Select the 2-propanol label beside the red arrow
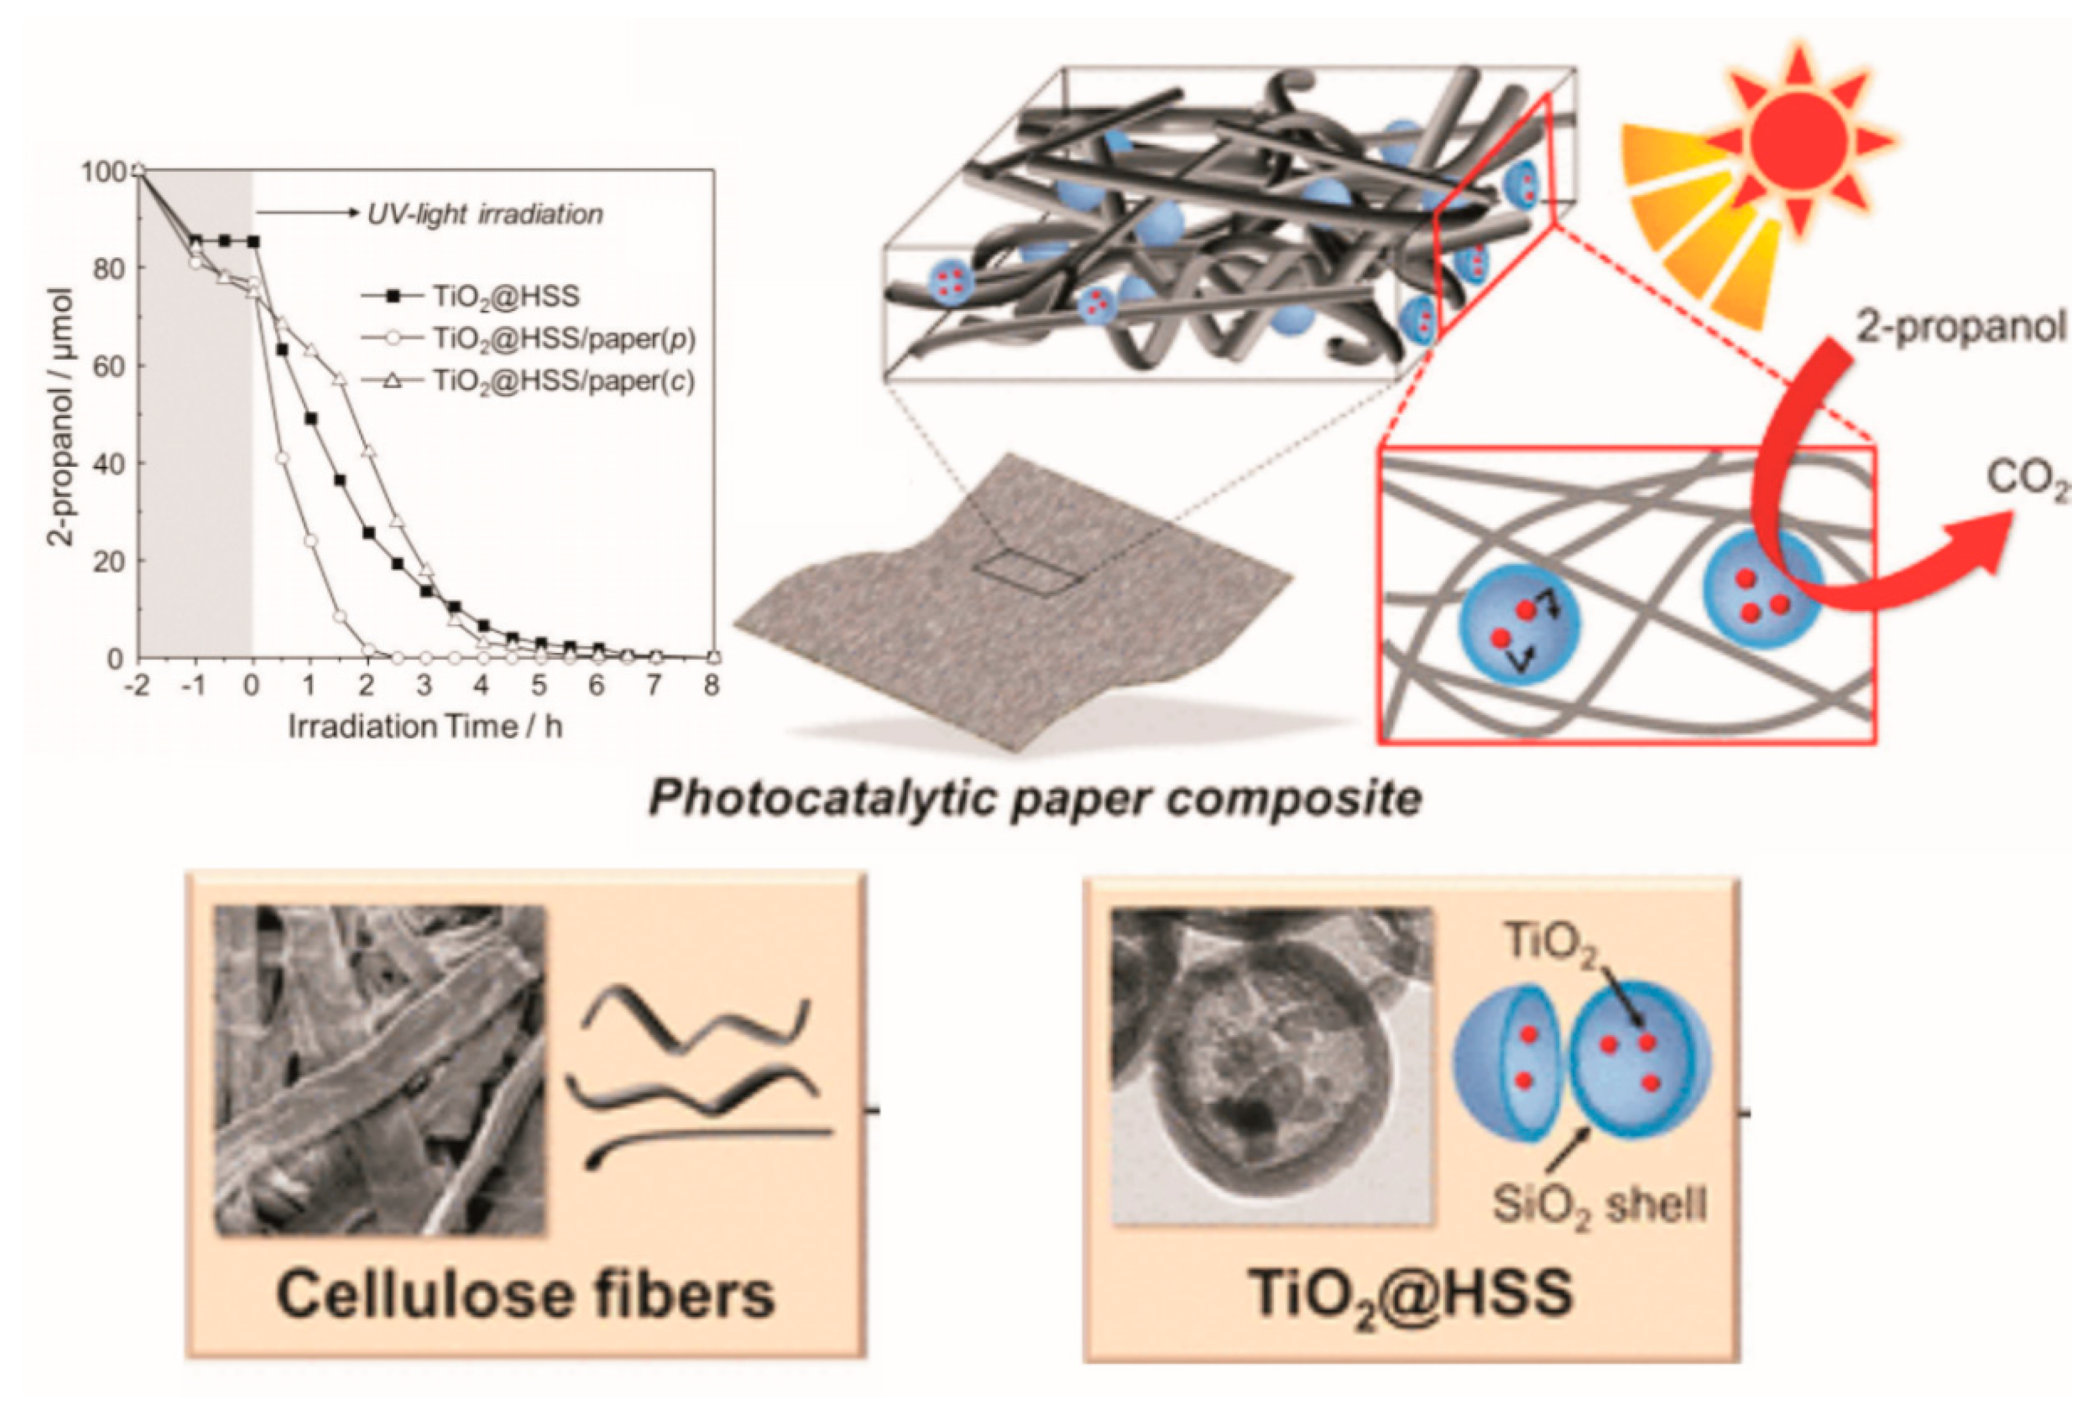click(x=1960, y=329)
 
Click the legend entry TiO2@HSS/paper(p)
click(x=564, y=339)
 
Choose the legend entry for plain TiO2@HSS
click(x=506, y=296)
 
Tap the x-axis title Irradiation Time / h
click(x=425, y=726)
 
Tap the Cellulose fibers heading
click(x=525, y=1294)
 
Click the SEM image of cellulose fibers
click(x=379, y=1070)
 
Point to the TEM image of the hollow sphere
click(x=1270, y=1065)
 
